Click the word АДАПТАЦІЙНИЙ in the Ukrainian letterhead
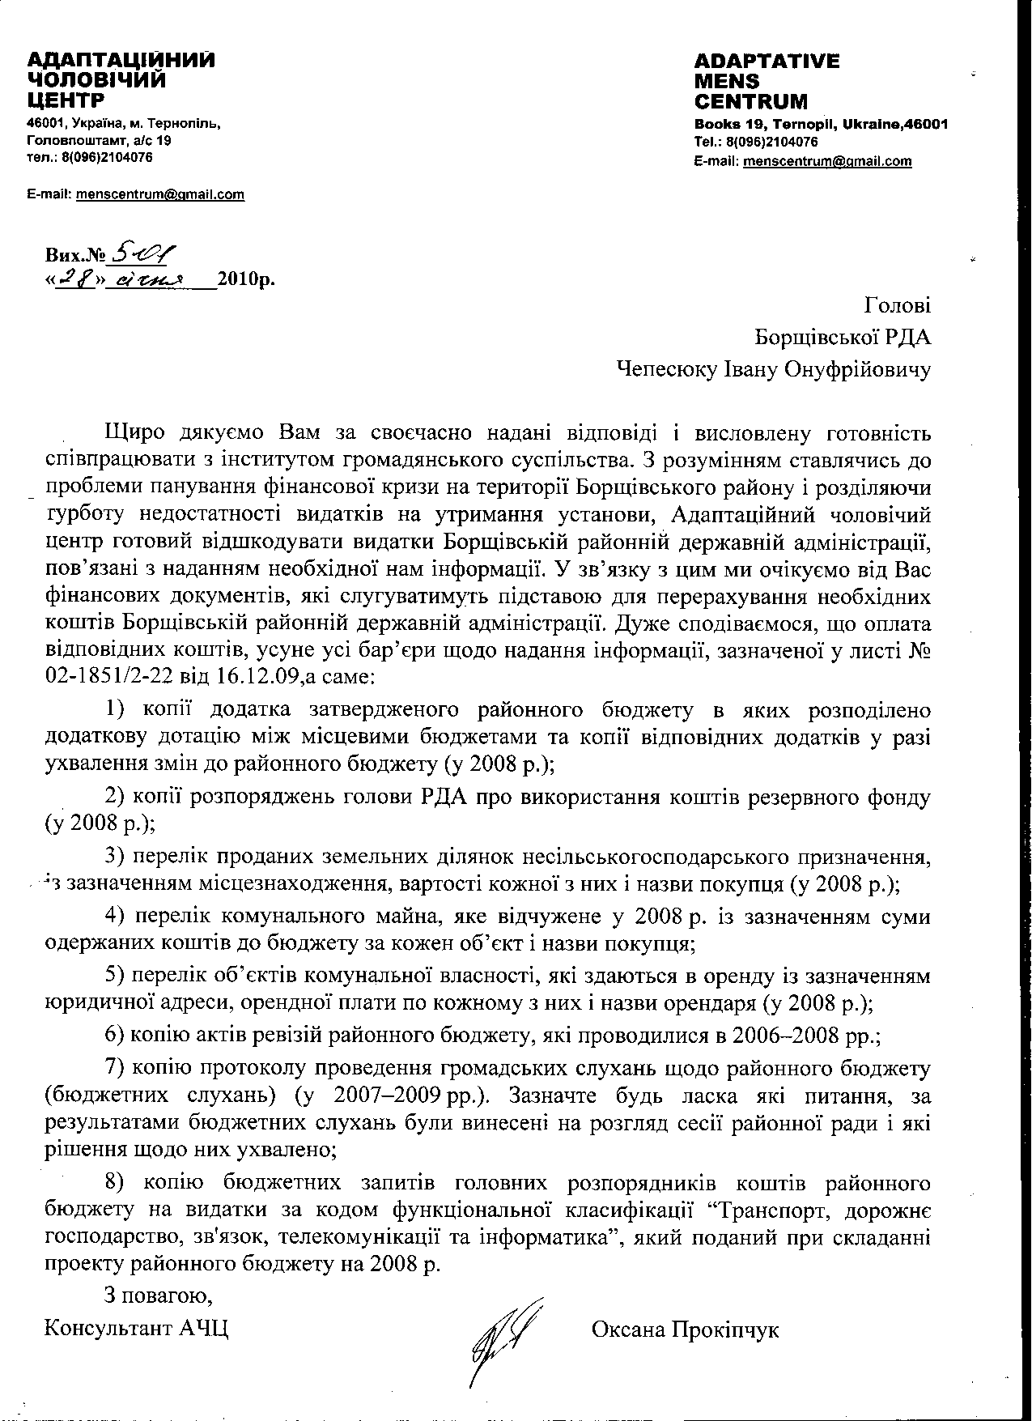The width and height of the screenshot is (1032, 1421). (121, 61)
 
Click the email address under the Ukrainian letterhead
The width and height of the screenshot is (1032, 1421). (159, 194)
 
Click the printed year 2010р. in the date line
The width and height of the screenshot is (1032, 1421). (246, 280)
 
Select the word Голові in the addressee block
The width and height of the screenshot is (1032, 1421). (898, 305)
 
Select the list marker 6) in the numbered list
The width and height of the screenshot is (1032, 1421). (117, 1036)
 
